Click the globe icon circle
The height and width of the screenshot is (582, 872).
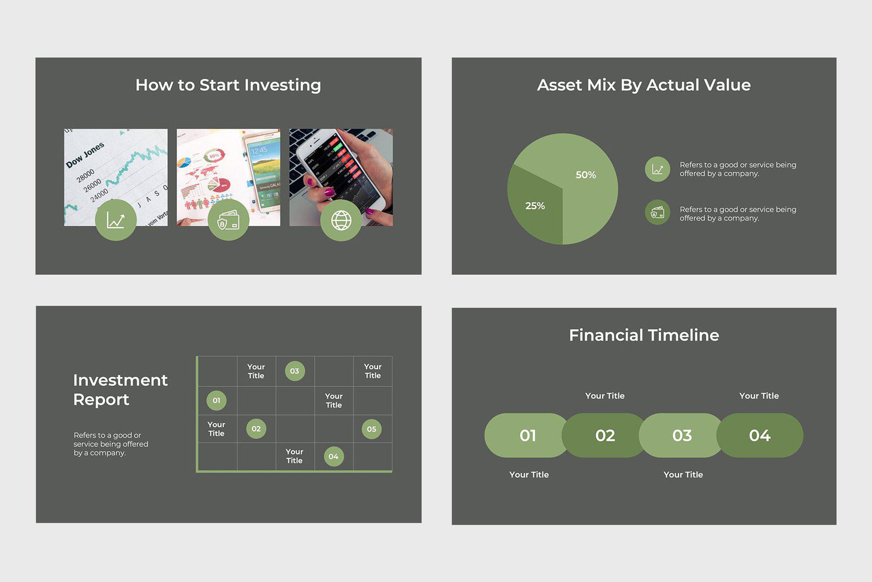[x=341, y=220]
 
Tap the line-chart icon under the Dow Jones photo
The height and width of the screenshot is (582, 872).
[x=116, y=220]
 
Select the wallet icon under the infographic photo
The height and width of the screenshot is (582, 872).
[x=228, y=220]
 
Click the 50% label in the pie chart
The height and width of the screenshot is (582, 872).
[x=585, y=175]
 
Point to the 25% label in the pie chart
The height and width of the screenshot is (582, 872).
[x=535, y=206]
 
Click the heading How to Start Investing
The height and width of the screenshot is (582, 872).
[x=228, y=85]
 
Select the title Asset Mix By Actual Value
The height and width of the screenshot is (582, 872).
[x=644, y=85]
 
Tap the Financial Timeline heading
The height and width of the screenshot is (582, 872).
[x=644, y=335]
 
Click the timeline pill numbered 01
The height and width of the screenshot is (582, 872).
[x=527, y=436]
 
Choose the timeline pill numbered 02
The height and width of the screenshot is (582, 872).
[x=604, y=436]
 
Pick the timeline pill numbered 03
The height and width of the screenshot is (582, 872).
[x=681, y=436]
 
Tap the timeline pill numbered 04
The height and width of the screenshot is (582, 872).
[x=760, y=436]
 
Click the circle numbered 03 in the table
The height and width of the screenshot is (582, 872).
[x=294, y=371]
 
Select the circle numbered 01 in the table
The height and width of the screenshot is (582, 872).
[x=216, y=400]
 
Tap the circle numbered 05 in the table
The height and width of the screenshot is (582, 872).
[x=371, y=429]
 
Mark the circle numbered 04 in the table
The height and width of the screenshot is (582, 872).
[x=333, y=457]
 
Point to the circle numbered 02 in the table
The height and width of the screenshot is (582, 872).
[x=256, y=428]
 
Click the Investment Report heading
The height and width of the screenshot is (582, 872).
[x=120, y=390]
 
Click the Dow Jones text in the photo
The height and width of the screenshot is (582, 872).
[x=85, y=155]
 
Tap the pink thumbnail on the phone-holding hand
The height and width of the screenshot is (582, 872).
[x=328, y=192]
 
